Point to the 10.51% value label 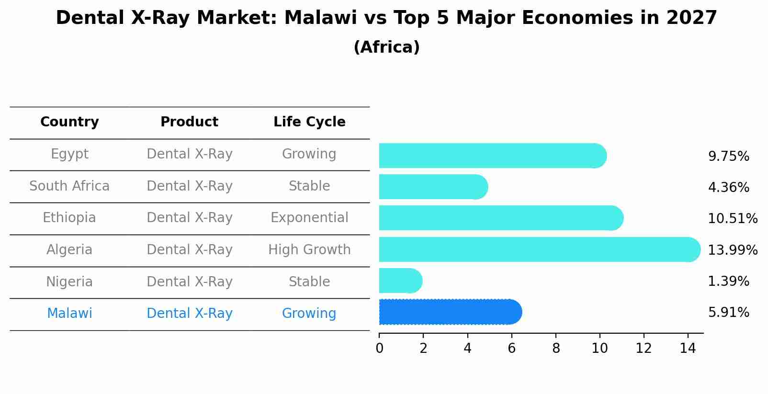click(732, 219)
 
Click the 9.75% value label click(728, 157)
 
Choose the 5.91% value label click(728, 313)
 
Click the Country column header click(69, 122)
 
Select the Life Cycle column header click(309, 122)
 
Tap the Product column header click(189, 122)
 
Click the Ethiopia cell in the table click(69, 218)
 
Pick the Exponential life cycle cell click(309, 218)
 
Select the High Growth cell click(309, 250)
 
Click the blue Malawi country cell click(69, 314)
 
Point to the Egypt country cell click(69, 154)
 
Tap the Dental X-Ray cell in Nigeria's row click(189, 281)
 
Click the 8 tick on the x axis click(555, 348)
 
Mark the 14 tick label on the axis click(688, 348)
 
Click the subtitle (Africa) click(386, 47)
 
